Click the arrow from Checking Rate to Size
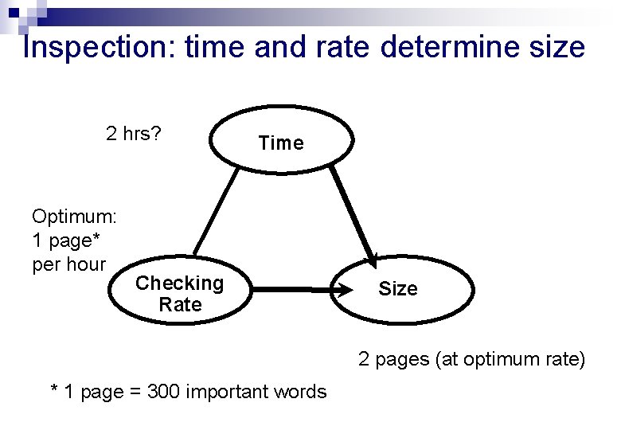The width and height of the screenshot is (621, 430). click(x=302, y=290)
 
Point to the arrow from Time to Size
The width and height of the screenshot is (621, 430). click(x=353, y=217)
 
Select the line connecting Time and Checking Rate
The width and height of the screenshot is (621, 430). click(x=217, y=212)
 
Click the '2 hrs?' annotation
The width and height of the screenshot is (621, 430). click(x=134, y=135)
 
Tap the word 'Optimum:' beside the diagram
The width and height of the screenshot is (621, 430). click(x=75, y=217)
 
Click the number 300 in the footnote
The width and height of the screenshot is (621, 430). click(x=163, y=392)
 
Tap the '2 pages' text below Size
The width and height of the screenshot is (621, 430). click(x=393, y=360)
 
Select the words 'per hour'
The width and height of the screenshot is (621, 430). click(x=69, y=265)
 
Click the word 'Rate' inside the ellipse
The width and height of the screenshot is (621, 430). click(x=180, y=305)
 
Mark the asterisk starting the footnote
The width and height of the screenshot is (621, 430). click(x=54, y=388)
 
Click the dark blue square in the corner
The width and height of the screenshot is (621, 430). click(x=14, y=13)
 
